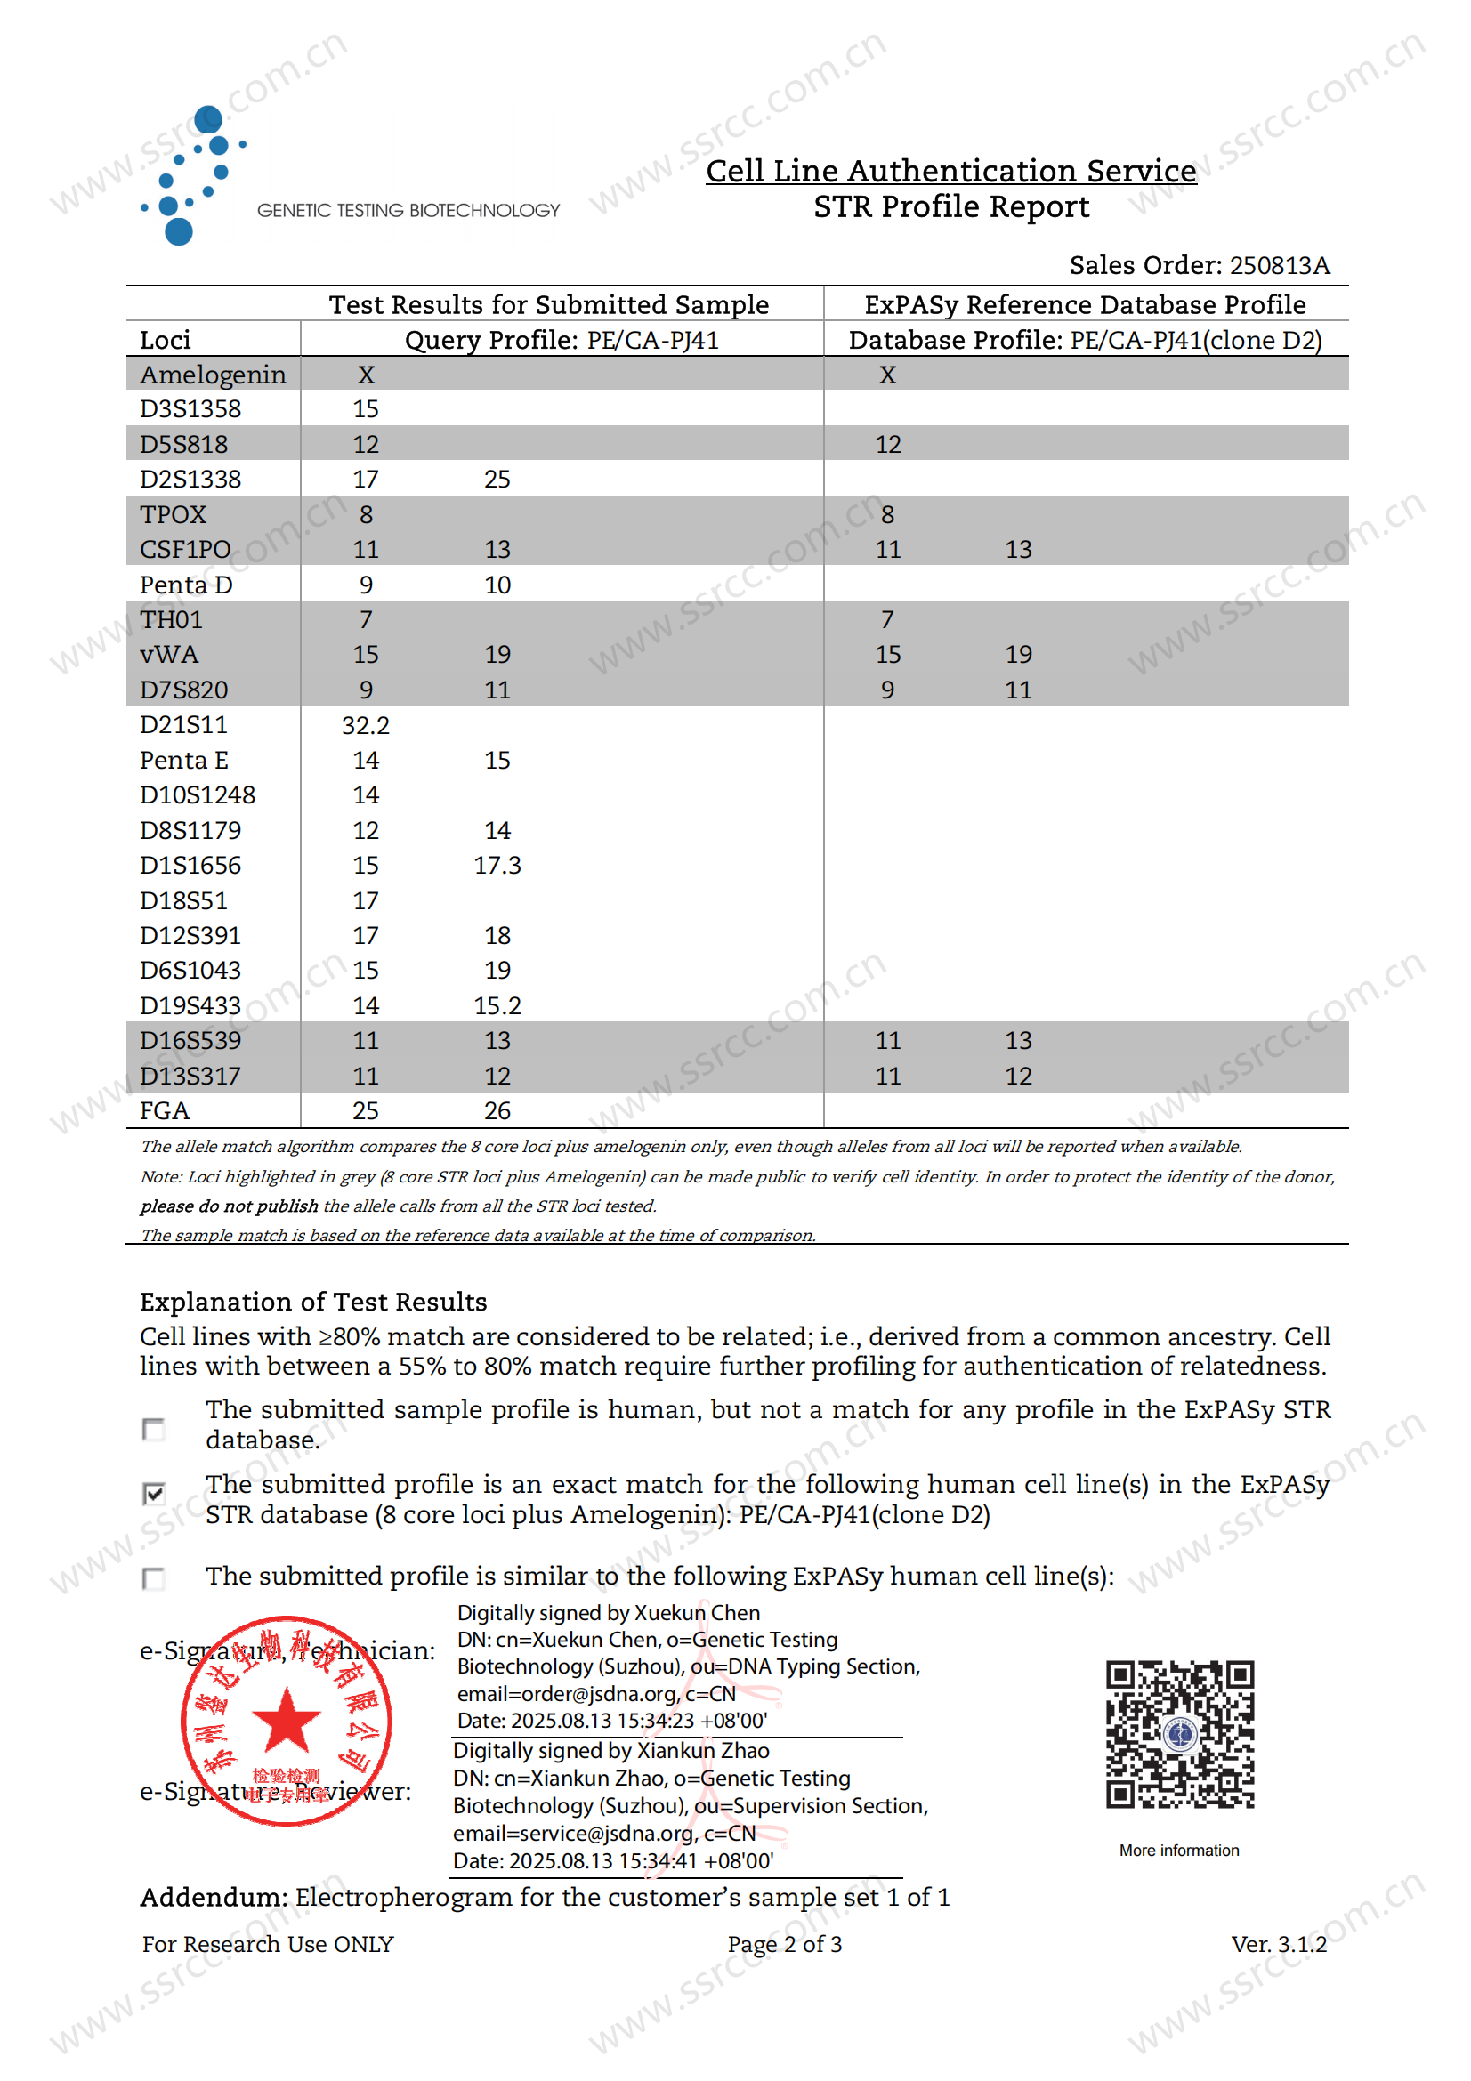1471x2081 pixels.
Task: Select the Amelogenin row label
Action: coord(213,375)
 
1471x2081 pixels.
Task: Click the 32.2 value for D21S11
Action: coord(365,725)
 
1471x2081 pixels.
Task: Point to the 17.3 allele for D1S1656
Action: coord(497,866)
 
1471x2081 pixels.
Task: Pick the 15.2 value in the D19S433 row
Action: coord(497,1005)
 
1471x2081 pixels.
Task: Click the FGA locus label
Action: coord(164,1110)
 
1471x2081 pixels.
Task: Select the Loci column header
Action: coord(165,340)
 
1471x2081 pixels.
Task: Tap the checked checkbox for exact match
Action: coord(154,1493)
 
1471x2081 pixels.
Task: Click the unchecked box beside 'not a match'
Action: coord(154,1430)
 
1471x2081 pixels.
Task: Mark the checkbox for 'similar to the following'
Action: coord(154,1579)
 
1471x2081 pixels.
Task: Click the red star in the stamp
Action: coord(286,1720)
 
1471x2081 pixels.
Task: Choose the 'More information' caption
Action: coord(1178,1850)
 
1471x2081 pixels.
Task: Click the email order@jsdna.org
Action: coord(568,1694)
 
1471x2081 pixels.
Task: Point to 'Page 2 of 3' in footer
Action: coord(784,1944)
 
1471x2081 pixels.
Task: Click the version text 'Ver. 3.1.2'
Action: coord(1278,1944)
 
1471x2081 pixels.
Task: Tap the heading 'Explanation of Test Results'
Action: coord(312,1302)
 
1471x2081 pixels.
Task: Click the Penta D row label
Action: coord(186,585)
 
